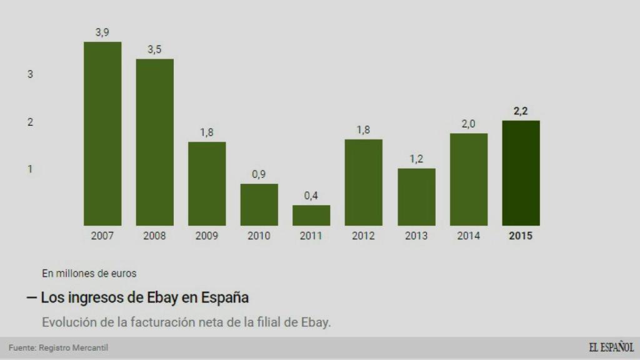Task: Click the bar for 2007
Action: [x=102, y=134]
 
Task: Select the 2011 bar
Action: [x=311, y=215]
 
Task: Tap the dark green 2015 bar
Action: [x=521, y=173]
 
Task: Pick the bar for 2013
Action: [x=416, y=197]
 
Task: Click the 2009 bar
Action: [x=207, y=184]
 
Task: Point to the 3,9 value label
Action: [x=102, y=32]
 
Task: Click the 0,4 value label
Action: [x=311, y=196]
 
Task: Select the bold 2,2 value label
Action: [x=521, y=111]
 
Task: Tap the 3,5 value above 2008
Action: [x=154, y=49]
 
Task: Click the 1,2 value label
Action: [x=416, y=159]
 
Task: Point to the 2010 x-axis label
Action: [x=259, y=236]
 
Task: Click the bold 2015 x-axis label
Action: [x=521, y=236]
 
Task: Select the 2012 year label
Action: [x=363, y=236]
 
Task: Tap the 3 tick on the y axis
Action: [x=30, y=74]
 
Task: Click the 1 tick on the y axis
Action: [x=30, y=169]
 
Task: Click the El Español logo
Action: [x=611, y=347]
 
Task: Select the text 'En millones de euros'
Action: [x=89, y=273]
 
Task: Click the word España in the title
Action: [x=226, y=297]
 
